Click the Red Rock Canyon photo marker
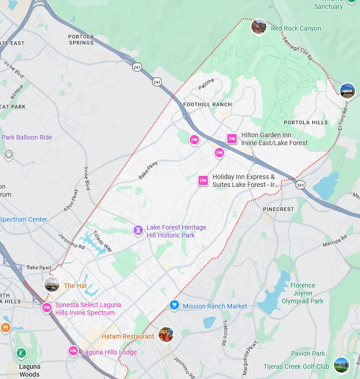tap(258, 26)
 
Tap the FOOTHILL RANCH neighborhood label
tap(207, 104)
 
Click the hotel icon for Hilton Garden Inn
tap(232, 138)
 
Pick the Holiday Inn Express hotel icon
tap(203, 180)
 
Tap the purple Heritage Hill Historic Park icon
tap(138, 230)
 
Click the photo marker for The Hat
tap(52, 285)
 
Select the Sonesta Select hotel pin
tap(46, 308)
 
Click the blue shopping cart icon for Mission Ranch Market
tap(174, 304)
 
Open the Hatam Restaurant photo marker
tap(166, 334)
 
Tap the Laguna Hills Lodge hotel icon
tap(73, 351)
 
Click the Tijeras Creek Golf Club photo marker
tap(341, 365)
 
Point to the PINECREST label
tap(278, 209)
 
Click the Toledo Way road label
tap(103, 241)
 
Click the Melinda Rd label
tap(334, 241)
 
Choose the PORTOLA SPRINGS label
tap(81, 39)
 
